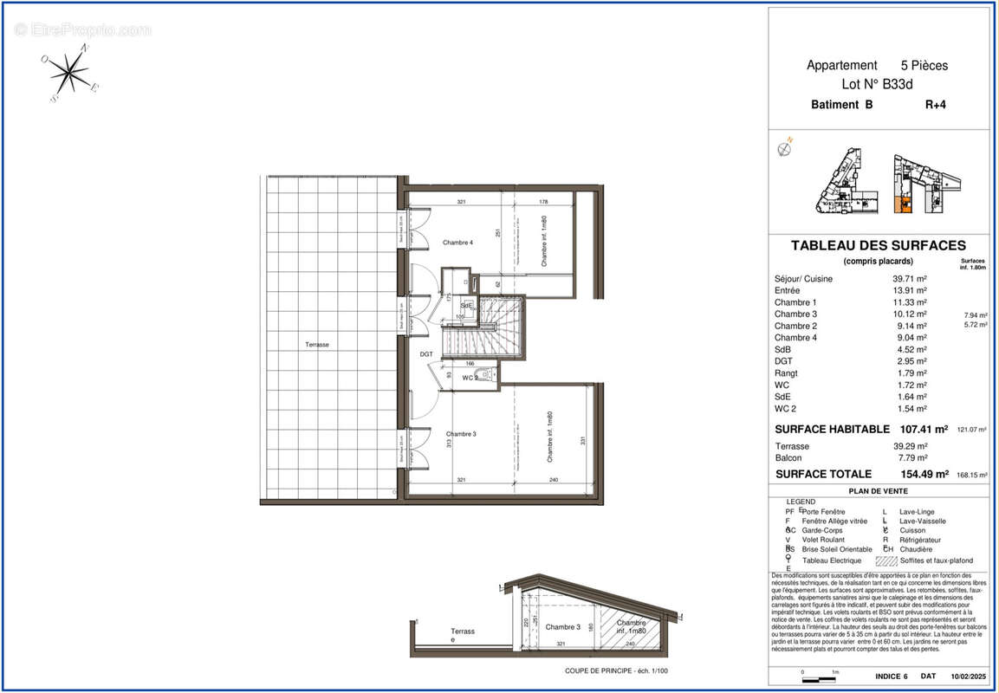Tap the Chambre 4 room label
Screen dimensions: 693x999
(x=457, y=243)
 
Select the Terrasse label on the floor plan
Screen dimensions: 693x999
(x=317, y=345)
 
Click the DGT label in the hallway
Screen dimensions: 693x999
(x=426, y=354)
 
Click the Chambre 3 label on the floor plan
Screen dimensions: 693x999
(x=461, y=434)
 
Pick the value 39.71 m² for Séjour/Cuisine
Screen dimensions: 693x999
(x=910, y=279)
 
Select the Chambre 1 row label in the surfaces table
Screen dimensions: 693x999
(x=795, y=302)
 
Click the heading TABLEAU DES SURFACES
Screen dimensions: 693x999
(x=878, y=246)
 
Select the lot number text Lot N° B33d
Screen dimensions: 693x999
(x=877, y=85)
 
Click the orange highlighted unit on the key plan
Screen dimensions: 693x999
(x=902, y=204)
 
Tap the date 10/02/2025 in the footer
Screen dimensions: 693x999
(x=968, y=676)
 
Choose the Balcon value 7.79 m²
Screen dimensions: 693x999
(x=910, y=457)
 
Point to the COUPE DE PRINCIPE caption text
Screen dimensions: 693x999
(x=616, y=670)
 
